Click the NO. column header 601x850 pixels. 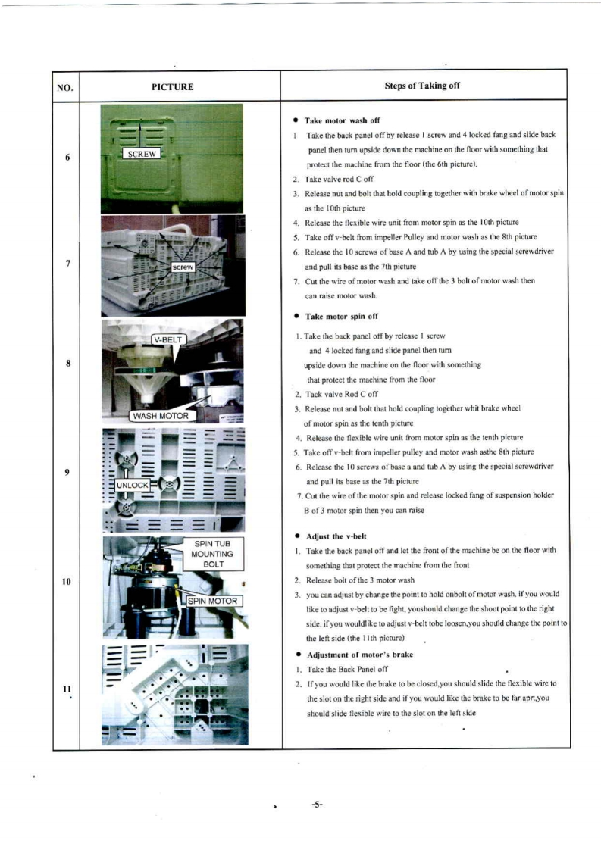(65, 87)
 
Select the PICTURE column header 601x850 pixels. (173, 87)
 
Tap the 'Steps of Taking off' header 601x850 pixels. (422, 86)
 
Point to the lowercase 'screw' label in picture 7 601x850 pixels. (184, 268)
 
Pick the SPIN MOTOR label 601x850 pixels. (214, 601)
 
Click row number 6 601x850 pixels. (68, 158)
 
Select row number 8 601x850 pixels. (68, 363)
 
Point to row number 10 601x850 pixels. (66, 581)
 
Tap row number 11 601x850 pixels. (67, 688)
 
